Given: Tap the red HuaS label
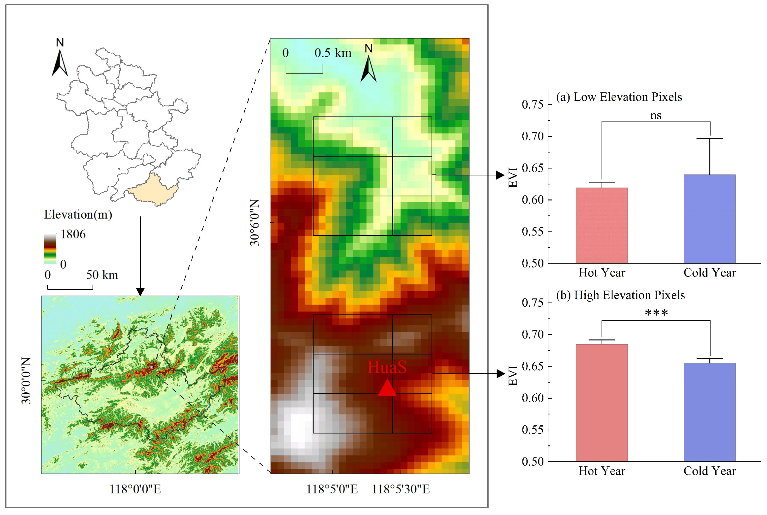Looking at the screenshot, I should tap(387, 367).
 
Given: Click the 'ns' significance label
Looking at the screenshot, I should tap(656, 115).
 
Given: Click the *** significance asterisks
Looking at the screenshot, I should tap(656, 313).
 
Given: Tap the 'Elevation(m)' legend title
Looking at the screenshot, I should tap(78, 214).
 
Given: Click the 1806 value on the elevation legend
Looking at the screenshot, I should tap(73, 234).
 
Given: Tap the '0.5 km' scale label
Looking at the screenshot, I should tap(333, 53).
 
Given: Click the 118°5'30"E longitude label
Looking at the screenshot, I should tap(400, 489).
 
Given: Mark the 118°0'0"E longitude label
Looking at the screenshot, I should tap(135, 489).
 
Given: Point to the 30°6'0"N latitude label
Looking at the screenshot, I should tap(255, 222).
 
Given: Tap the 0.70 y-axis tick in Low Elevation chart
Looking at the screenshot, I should tap(533, 136).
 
